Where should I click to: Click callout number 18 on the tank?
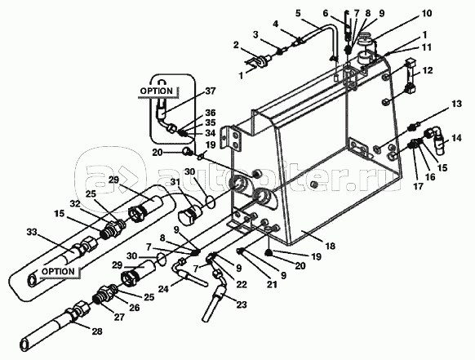point(330,245)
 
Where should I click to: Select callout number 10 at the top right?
point(426,14)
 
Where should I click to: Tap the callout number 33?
point(31,233)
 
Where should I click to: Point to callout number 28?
point(96,331)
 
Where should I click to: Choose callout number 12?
point(427,70)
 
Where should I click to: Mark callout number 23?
point(241,304)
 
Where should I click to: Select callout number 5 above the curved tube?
point(299,14)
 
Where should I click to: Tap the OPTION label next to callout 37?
point(157,91)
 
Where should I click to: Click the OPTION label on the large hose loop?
point(58,271)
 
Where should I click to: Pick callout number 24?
point(164,289)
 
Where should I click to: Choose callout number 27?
point(119,317)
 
